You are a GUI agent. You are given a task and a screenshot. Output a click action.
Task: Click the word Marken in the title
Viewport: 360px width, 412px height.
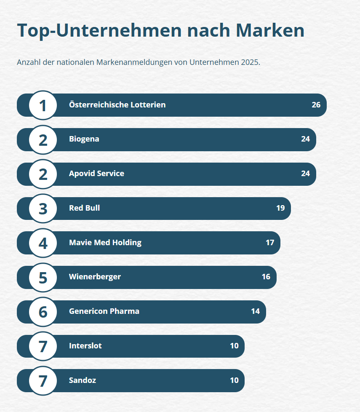[x=269, y=31]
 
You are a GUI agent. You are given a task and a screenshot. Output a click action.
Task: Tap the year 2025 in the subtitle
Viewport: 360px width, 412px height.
[x=250, y=62]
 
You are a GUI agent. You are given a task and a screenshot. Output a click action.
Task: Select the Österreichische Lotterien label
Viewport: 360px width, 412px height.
[x=117, y=105]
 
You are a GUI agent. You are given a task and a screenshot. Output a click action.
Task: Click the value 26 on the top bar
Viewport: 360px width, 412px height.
[x=316, y=105]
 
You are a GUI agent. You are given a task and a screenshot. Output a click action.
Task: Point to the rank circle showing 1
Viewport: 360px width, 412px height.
[x=43, y=105]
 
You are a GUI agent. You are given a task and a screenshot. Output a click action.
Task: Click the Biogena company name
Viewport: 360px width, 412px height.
[x=84, y=139]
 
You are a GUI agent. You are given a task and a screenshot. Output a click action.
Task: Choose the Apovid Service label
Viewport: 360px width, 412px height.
[x=96, y=174]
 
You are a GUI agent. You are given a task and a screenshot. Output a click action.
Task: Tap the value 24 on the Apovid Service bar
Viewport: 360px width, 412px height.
[x=305, y=174]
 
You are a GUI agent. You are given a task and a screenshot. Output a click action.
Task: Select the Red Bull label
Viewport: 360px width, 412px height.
[x=84, y=208]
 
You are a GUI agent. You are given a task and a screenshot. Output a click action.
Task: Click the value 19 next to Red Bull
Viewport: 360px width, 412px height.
[x=280, y=208]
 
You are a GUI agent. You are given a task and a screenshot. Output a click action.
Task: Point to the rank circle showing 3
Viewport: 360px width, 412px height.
[x=43, y=209]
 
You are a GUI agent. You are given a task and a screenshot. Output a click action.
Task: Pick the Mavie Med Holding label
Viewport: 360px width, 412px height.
[x=105, y=243]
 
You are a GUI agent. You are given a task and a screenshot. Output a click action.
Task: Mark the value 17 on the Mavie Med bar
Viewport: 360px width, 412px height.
[x=270, y=243]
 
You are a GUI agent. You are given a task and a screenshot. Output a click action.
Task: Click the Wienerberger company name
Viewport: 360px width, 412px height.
[x=95, y=277]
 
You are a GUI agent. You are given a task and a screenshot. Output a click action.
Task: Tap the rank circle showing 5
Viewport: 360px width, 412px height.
[x=43, y=278]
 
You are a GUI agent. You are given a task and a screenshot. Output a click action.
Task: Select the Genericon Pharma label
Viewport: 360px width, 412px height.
[x=104, y=311]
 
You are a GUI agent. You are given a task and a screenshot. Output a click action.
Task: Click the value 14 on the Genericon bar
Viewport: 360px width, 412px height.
[x=255, y=311]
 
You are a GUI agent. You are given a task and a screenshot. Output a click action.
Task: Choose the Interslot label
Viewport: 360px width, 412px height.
[x=85, y=346]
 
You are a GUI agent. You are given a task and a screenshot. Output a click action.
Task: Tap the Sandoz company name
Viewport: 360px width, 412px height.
[x=83, y=380]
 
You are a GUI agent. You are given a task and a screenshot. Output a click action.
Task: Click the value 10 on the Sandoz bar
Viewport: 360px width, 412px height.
[x=234, y=380]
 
